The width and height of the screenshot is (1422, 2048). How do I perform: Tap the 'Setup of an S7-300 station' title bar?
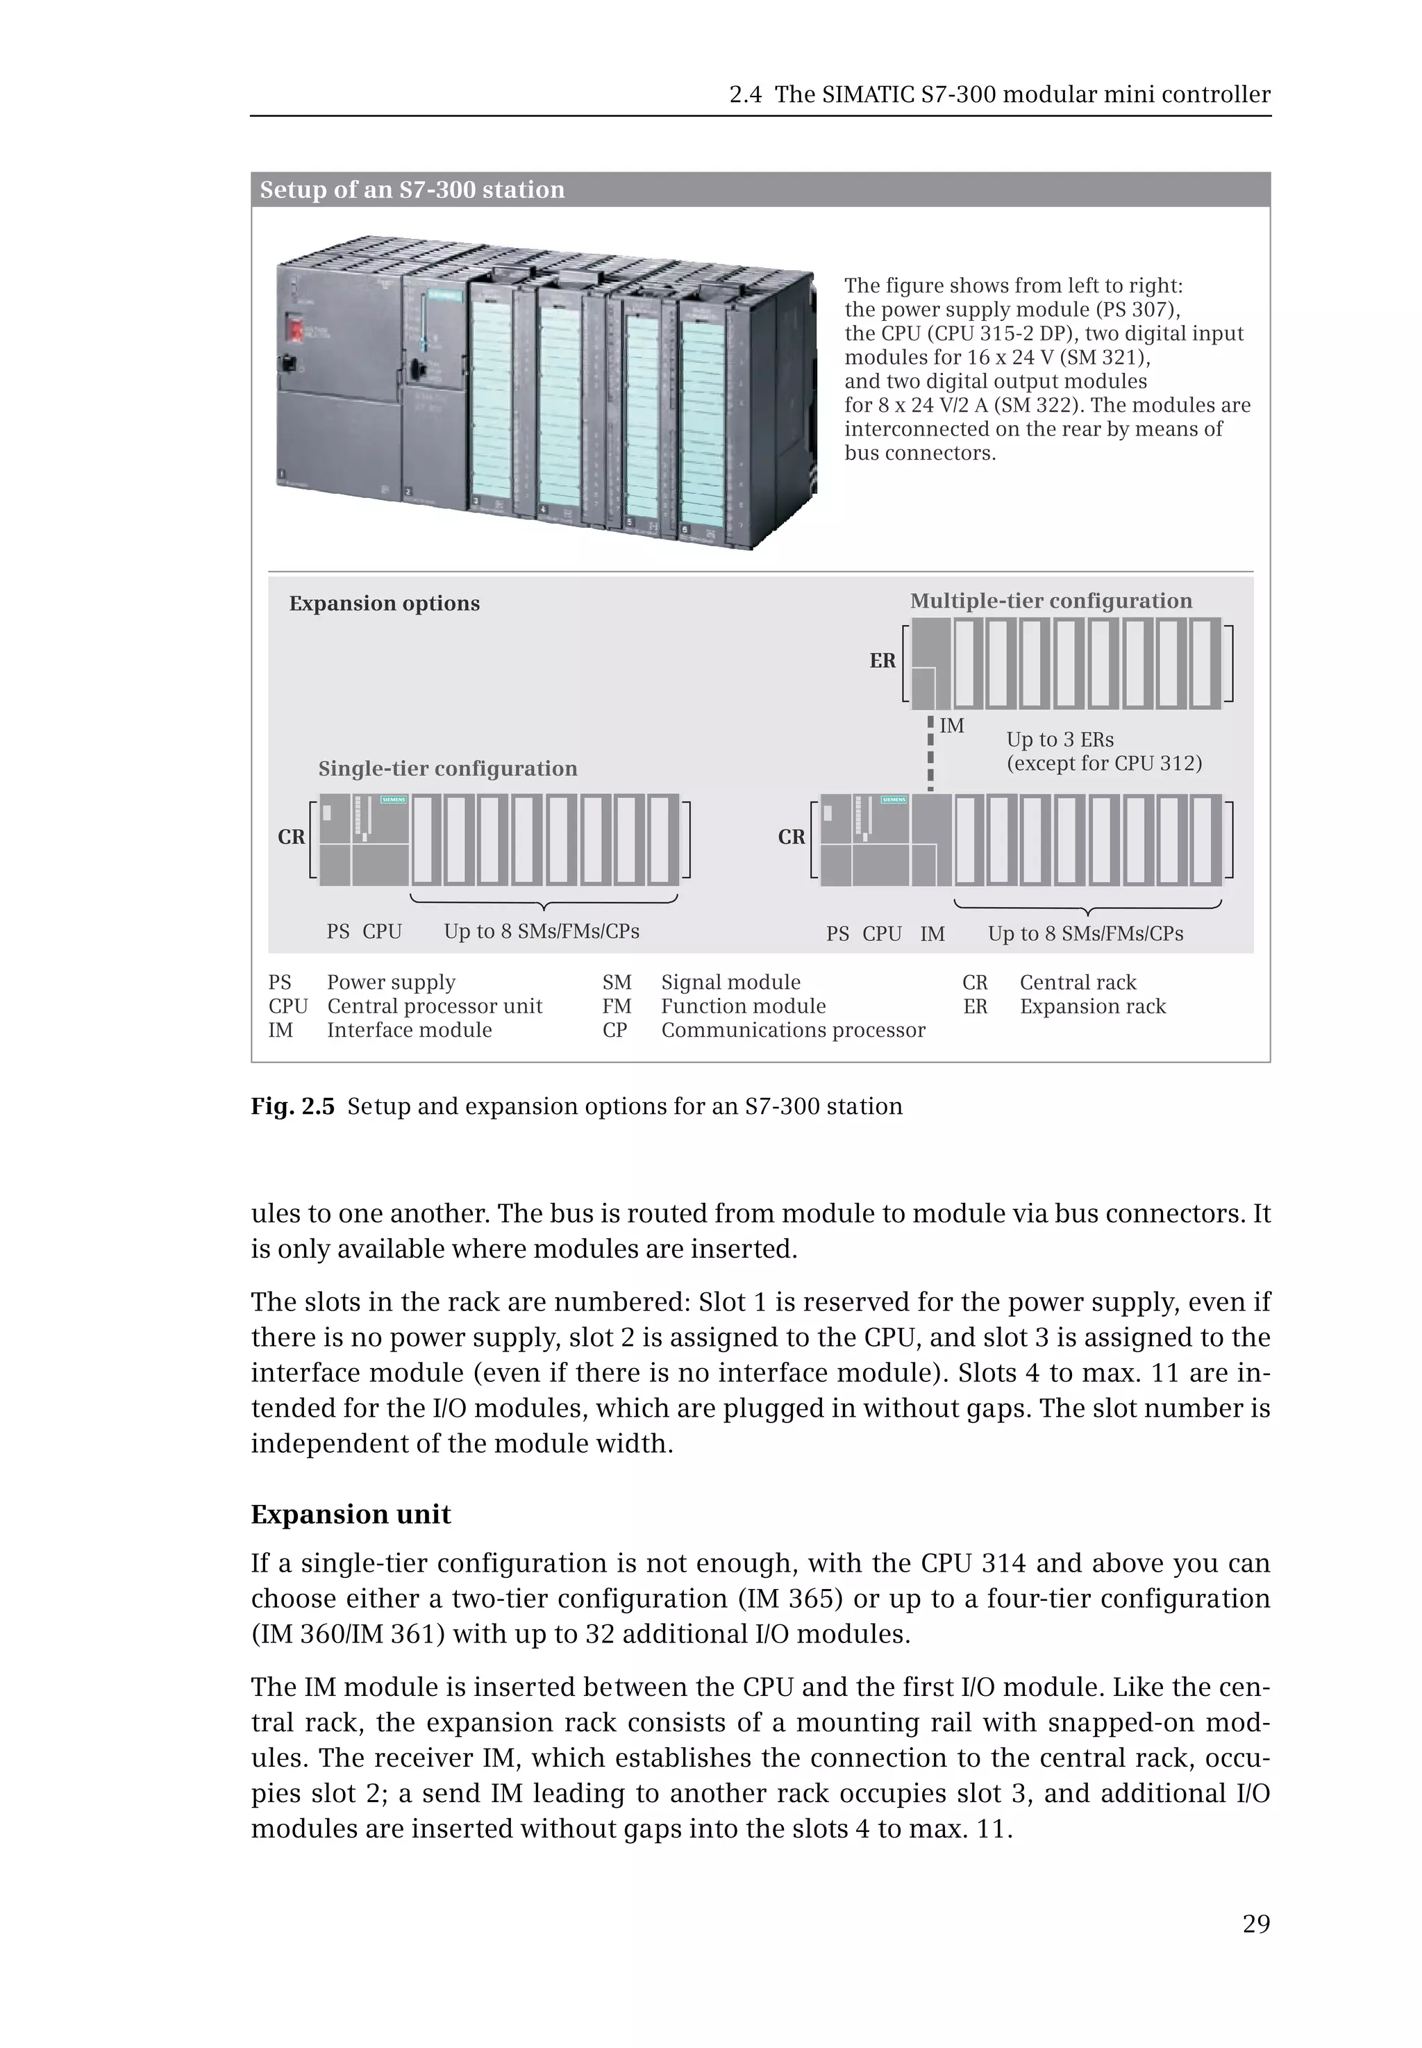point(412,189)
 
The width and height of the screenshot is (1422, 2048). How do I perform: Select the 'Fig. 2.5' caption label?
point(292,1106)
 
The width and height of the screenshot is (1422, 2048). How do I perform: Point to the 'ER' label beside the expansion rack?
point(882,660)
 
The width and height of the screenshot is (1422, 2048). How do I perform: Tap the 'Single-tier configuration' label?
point(447,768)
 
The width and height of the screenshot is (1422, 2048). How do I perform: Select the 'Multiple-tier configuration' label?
point(1051,601)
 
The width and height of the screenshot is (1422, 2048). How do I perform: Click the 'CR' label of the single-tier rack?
point(292,837)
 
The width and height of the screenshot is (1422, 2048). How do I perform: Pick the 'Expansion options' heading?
point(384,603)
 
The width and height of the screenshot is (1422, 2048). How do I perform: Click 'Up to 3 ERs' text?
point(1060,740)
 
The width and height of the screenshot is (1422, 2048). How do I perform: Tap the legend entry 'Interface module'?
point(409,1029)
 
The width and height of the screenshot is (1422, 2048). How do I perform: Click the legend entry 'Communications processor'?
point(792,1029)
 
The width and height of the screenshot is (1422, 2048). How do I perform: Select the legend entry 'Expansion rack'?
point(1092,1006)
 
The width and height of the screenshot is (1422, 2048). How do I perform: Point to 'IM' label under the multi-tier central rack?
point(932,934)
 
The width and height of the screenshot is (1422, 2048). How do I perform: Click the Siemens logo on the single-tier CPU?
point(394,799)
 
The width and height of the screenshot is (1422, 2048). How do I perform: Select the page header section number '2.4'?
point(745,94)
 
